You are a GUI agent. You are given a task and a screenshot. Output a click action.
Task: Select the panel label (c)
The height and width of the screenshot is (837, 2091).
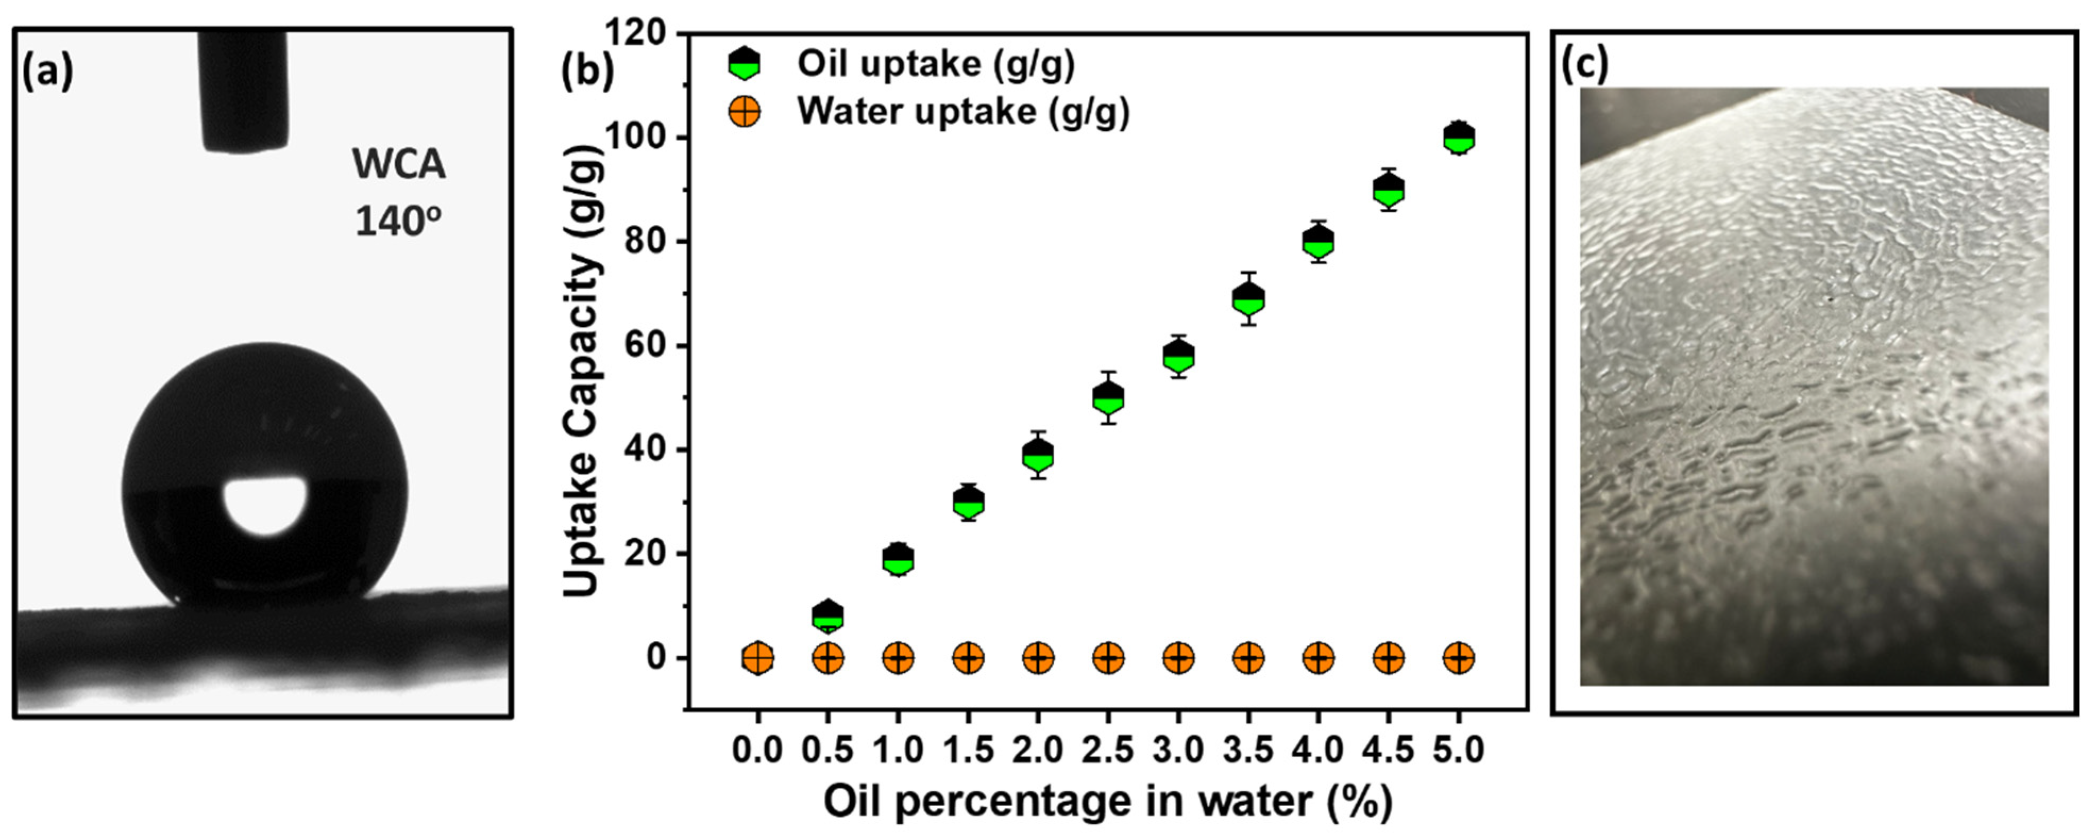(1585, 65)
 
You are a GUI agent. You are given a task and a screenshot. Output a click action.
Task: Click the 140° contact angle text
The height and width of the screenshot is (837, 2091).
(399, 221)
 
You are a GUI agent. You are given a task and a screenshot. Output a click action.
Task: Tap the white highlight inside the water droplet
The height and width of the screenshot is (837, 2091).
(266, 504)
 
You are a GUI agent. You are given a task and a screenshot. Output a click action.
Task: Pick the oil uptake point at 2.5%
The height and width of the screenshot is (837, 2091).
(1108, 398)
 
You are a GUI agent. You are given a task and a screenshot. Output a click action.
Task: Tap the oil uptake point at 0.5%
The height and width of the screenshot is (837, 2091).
(827, 616)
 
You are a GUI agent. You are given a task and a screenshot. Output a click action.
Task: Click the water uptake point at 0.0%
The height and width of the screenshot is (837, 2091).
(757, 657)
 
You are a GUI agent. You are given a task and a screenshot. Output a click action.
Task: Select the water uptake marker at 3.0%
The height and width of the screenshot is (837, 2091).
(1178, 657)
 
